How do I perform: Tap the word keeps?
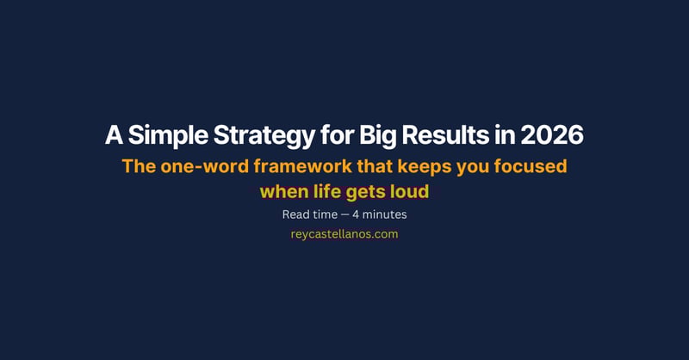419,166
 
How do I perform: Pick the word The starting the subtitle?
139,166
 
